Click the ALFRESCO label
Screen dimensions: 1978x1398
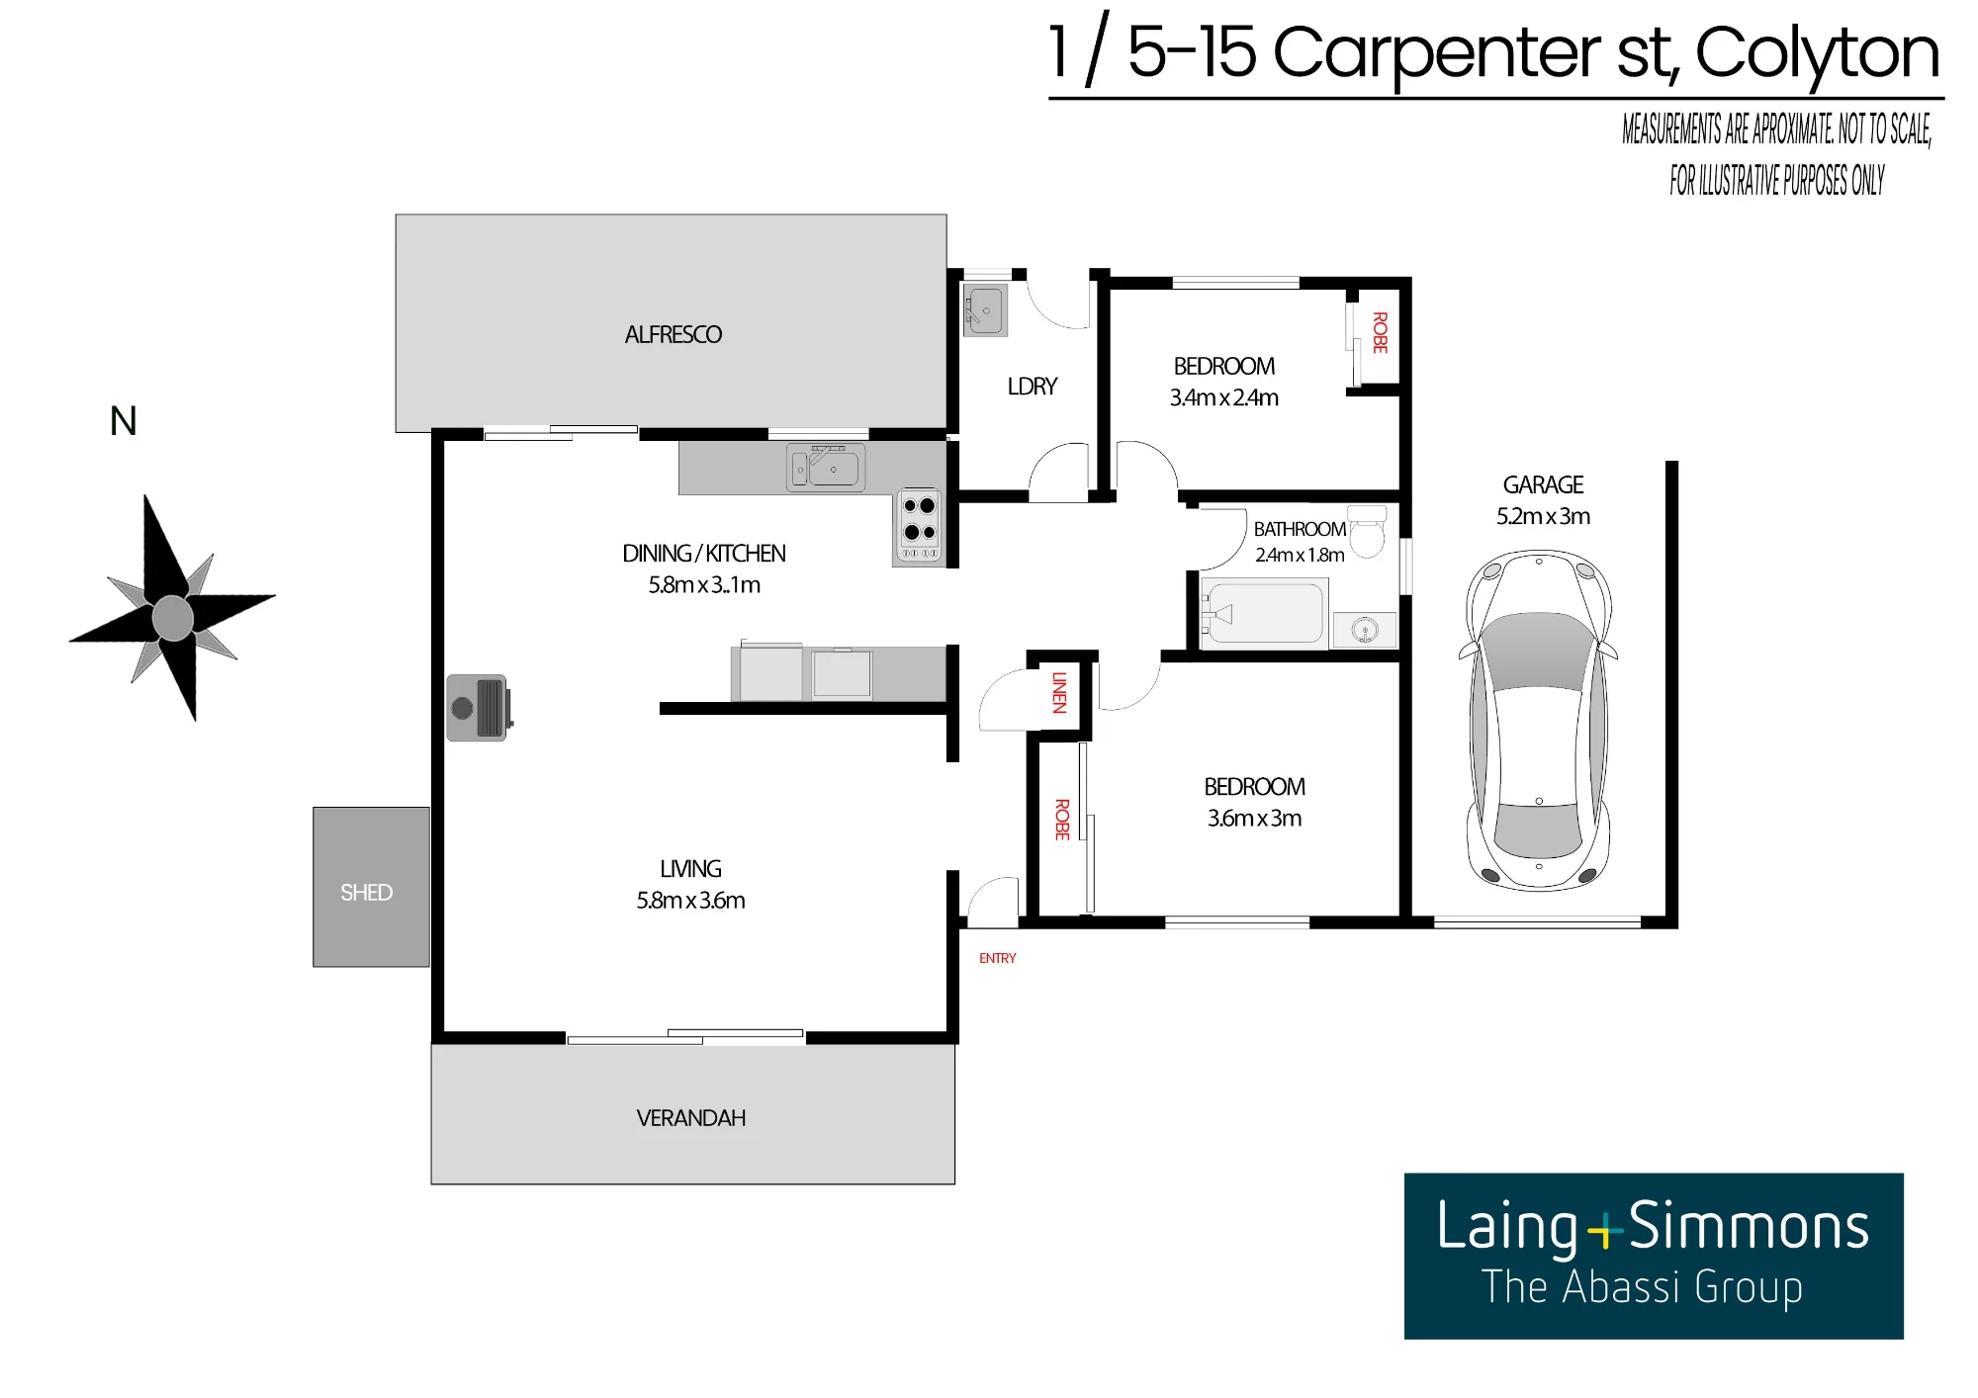[674, 335]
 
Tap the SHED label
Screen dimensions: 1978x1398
[366, 893]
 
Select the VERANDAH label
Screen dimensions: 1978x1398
[691, 1118]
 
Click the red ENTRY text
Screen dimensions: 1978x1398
[997, 958]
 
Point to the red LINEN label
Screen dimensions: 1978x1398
[1059, 692]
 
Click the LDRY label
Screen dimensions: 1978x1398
[1033, 387]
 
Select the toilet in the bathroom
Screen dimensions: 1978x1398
[1368, 532]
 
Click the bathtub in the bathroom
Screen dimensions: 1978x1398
[1263, 614]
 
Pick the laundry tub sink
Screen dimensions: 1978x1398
[985, 309]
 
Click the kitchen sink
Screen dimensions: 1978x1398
[826, 467]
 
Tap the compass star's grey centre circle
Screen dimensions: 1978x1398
[173, 618]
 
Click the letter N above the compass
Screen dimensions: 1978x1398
[124, 421]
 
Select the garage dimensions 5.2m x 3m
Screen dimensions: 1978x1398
[1543, 516]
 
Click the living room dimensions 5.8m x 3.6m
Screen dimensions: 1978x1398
[690, 901]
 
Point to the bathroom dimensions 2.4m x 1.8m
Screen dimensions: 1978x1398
[1300, 555]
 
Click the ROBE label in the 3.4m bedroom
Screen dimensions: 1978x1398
[1380, 332]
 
